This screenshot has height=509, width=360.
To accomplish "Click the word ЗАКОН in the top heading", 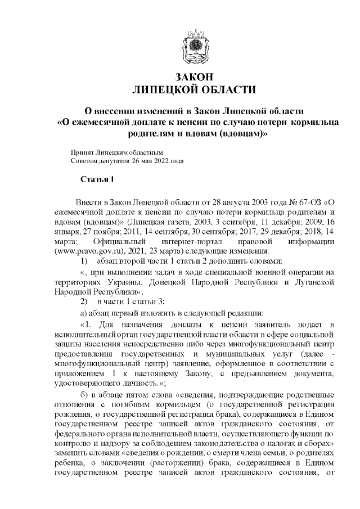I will coord(193,77).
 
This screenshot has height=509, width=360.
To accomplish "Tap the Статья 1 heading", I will coord(97,180).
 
